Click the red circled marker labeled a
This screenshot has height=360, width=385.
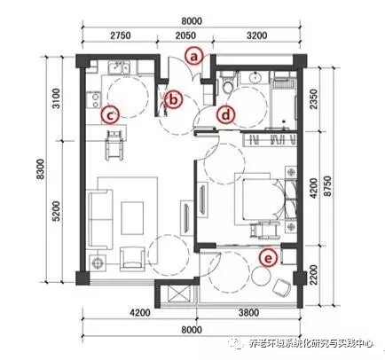[x=193, y=56]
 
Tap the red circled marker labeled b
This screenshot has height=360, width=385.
[x=174, y=100]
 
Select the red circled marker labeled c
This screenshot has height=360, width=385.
[x=110, y=114]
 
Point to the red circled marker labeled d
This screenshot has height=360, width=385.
[x=225, y=114]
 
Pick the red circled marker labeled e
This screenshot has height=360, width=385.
[x=268, y=258]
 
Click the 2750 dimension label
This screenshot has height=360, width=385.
[x=120, y=35]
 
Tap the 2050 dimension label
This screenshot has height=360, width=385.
[x=185, y=35]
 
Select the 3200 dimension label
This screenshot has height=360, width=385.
[x=256, y=35]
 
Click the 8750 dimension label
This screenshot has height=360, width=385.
[x=327, y=186]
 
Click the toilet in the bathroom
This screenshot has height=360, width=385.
[x=227, y=83]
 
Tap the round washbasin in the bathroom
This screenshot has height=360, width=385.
[x=255, y=78]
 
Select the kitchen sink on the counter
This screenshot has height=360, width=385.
[x=119, y=67]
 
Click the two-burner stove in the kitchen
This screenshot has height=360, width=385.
[x=94, y=99]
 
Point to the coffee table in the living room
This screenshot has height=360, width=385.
[x=132, y=218]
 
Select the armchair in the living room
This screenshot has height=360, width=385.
[x=132, y=259]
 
